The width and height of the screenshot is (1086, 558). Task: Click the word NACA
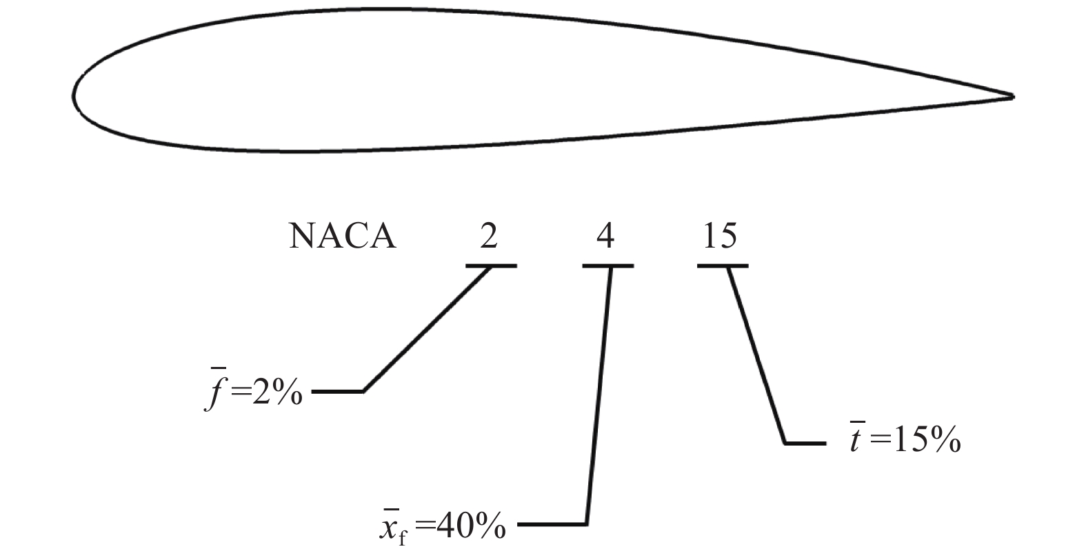coord(342,237)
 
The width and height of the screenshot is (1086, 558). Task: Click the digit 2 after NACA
coord(488,237)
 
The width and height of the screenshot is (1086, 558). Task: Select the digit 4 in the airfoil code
coord(605,237)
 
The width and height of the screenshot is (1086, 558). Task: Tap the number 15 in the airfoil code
coord(720,237)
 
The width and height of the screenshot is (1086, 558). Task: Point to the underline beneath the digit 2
coord(491,266)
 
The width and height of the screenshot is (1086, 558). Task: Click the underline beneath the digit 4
coord(607,266)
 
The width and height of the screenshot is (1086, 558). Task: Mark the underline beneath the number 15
coord(722,266)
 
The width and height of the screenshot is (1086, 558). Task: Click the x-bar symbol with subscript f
coord(391,528)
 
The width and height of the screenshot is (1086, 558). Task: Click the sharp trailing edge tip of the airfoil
coord(1012,97)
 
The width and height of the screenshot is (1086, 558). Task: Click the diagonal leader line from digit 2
coord(428,328)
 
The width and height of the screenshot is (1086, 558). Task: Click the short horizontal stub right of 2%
coord(338,392)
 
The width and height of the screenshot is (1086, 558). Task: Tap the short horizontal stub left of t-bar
coord(805,443)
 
